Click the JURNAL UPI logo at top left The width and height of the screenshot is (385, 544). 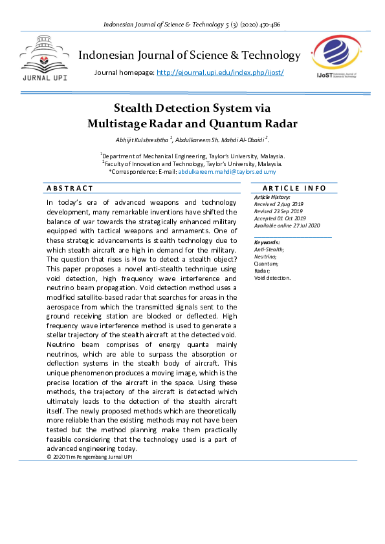[x=45, y=56]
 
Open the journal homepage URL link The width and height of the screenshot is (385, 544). [x=220, y=72]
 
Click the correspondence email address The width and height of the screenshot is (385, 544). [x=227, y=172]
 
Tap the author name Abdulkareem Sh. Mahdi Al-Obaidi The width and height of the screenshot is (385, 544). [x=220, y=140]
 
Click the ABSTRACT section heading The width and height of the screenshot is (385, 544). [x=70, y=188]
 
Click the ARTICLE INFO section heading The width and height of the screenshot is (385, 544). [x=294, y=188]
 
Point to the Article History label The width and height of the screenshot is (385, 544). [x=272, y=197]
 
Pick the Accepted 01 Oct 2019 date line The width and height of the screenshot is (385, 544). [x=280, y=218]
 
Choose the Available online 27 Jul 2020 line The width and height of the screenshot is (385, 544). [x=287, y=225]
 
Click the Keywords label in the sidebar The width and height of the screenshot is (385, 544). [x=267, y=242]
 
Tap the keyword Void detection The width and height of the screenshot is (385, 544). [x=272, y=278]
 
